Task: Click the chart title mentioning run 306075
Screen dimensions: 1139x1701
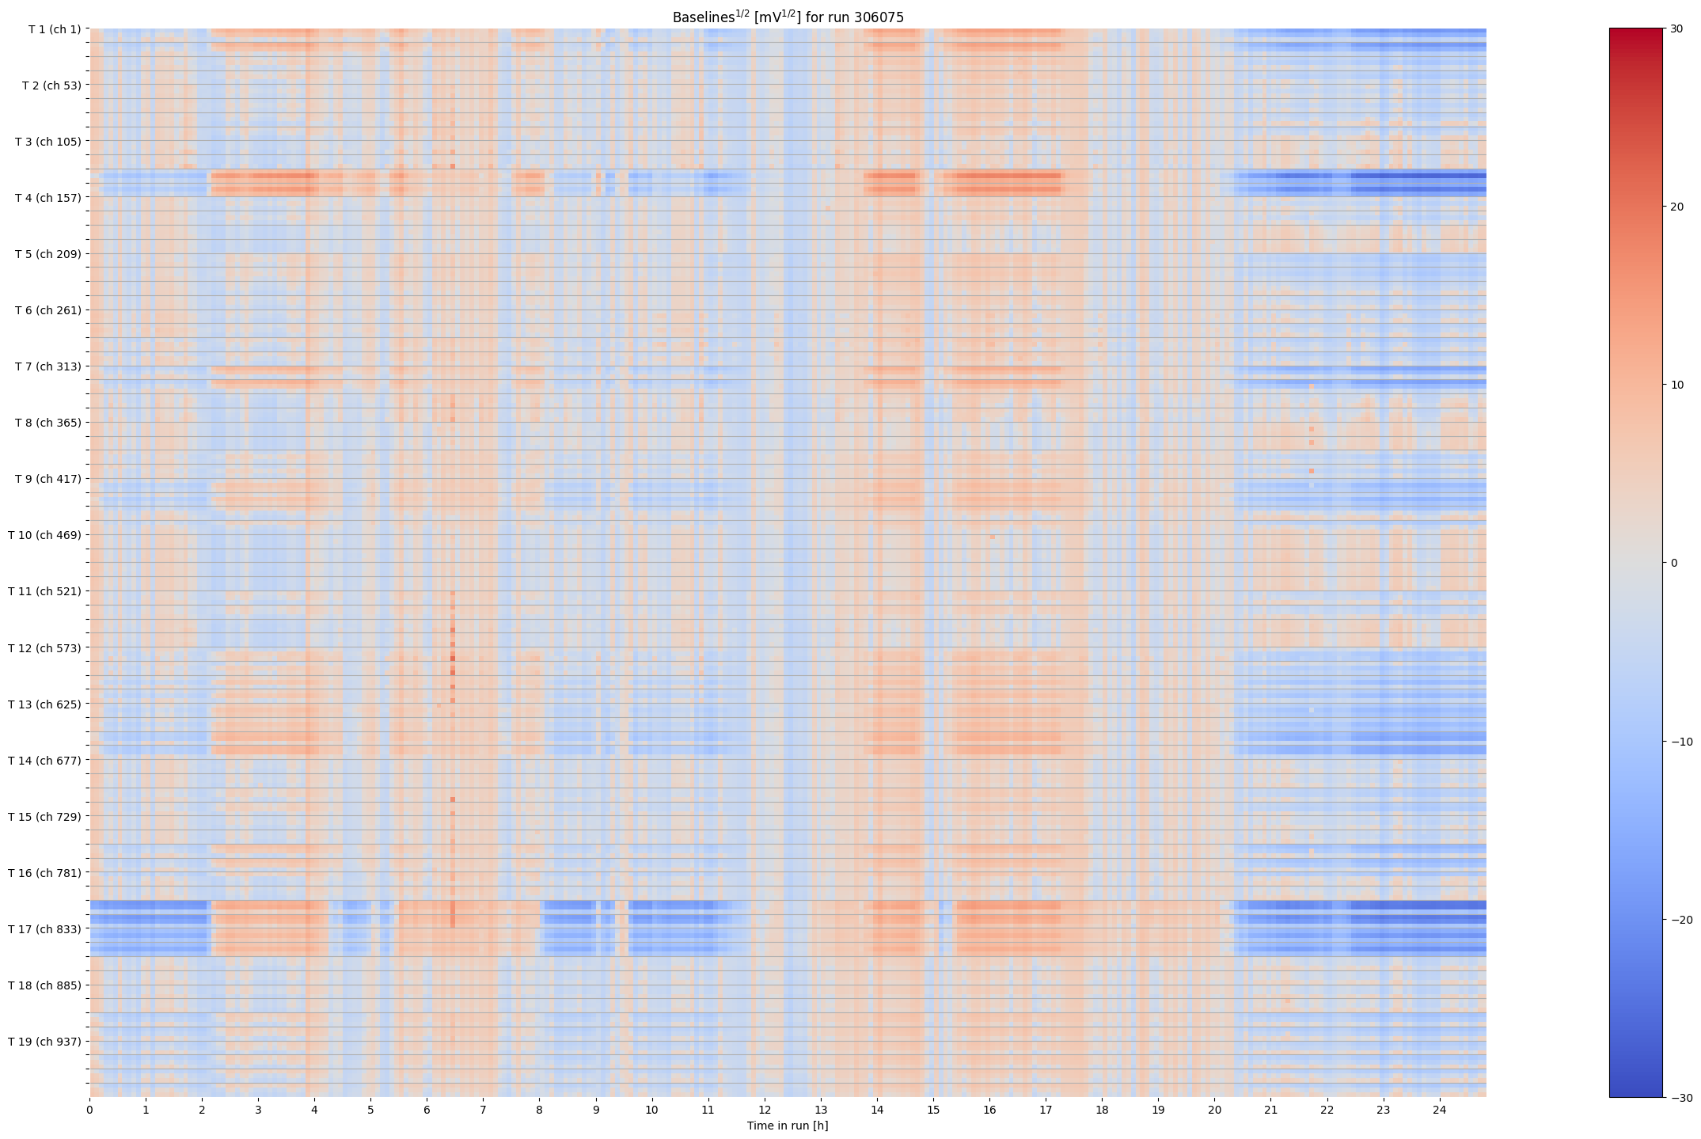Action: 788,17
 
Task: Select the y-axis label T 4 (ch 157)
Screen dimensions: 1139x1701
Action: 47,198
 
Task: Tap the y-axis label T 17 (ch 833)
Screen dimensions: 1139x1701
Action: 44,929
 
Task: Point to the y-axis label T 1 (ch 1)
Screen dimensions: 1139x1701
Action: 54,29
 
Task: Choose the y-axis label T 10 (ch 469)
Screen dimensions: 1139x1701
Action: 44,535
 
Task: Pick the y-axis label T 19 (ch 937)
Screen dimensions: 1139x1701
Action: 44,1042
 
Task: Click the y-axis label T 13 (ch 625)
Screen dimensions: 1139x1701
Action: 44,704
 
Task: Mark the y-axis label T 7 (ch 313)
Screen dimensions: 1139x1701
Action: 47,366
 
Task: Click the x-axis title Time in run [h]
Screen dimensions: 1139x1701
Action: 788,1126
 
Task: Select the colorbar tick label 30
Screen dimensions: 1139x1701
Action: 1676,28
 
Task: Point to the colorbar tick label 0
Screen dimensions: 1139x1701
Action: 1673,563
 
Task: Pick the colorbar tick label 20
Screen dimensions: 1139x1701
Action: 1676,207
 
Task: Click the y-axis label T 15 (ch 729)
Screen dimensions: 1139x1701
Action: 44,817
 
